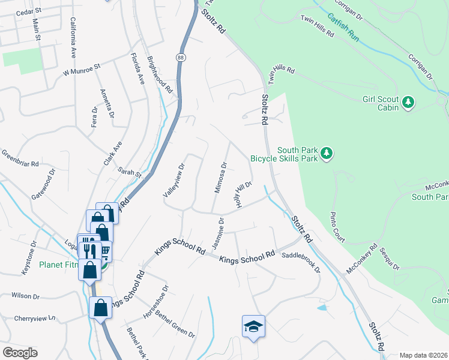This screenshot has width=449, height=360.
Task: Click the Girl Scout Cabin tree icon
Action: click(x=408, y=103)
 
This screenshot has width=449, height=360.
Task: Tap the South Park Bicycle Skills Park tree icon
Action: click(x=327, y=154)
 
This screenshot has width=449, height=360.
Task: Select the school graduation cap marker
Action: click(x=253, y=326)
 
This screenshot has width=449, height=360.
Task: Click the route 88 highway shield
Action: click(x=181, y=57)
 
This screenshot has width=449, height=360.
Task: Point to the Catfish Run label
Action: click(x=343, y=27)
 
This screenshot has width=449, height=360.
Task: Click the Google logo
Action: click(x=20, y=353)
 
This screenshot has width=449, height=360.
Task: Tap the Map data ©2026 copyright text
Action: click(x=423, y=355)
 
